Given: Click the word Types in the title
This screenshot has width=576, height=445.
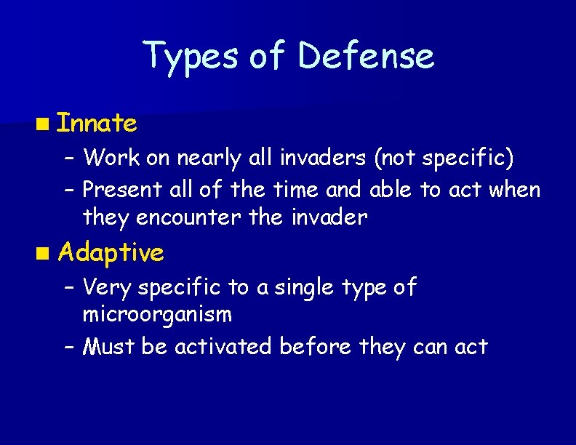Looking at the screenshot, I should click(191, 56).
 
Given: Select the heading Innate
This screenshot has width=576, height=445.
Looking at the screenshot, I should click(97, 124).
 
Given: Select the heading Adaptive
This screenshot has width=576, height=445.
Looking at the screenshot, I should click(111, 252).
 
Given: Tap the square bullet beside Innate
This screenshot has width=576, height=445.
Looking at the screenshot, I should click(46, 124).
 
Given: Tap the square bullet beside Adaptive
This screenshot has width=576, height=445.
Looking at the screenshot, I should click(46, 253).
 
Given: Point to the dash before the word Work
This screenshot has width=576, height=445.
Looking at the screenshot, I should click(70, 157).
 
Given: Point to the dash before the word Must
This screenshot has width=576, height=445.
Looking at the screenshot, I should click(70, 347).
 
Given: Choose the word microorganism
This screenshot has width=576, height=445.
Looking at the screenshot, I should click(157, 315).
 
